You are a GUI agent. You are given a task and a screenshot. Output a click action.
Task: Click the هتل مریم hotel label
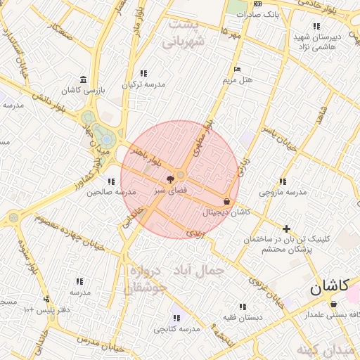[238, 79]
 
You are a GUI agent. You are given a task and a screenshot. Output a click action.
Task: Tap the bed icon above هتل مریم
[237, 69]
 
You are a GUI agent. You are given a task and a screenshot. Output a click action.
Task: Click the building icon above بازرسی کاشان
[84, 79]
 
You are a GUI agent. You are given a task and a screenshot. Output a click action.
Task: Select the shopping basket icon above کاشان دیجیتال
[226, 200]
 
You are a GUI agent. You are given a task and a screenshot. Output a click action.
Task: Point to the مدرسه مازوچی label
[283, 192]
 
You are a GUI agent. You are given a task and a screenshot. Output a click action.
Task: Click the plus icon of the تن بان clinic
[286, 229]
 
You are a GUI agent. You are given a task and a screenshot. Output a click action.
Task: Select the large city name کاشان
[329, 287]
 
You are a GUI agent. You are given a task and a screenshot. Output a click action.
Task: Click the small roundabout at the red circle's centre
[181, 174]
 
